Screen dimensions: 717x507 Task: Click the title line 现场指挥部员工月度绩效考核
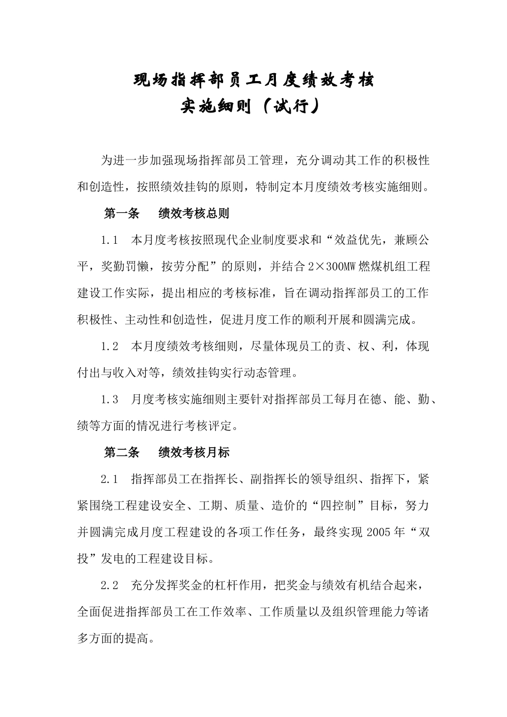coord(253,81)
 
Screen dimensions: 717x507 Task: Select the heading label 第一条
coord(121,214)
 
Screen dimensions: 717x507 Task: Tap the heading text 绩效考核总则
coord(194,214)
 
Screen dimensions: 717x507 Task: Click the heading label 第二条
coord(121,453)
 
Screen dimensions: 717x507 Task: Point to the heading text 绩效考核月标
coord(194,453)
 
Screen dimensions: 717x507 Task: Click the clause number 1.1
coord(109,241)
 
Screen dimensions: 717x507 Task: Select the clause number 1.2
coord(109,347)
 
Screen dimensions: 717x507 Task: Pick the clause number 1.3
coord(109,400)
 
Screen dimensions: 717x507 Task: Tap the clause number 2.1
coord(109,479)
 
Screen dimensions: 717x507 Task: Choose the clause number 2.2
coord(109,585)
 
